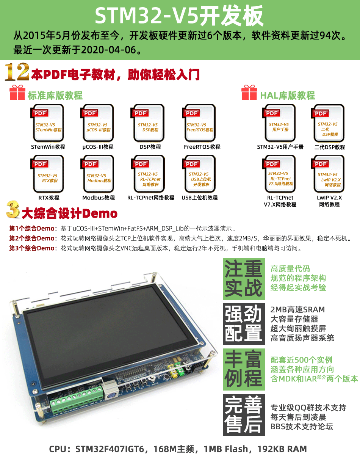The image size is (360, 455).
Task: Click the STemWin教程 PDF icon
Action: coord(47,123)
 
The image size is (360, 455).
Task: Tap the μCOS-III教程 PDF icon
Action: coord(97,123)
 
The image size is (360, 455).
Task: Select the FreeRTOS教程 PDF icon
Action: coord(199,123)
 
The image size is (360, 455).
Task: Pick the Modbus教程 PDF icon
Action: coord(97,174)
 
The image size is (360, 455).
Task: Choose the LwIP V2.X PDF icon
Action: coord(328,174)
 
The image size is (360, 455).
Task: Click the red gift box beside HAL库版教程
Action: coord(249,93)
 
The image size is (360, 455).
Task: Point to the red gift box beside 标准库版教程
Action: coord(17,93)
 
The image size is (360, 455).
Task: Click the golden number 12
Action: coord(17,72)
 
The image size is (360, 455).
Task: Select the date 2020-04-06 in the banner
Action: coord(108,50)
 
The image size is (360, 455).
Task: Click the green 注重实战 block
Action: coord(244,279)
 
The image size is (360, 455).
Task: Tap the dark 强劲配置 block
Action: coord(244,324)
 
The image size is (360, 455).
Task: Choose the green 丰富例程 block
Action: coord(244,369)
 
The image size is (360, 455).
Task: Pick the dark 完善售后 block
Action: coord(244,415)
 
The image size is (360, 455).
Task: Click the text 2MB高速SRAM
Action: coord(297,309)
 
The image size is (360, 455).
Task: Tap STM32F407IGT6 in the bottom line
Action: coord(110,449)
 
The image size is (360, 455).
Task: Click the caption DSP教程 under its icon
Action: coord(150,147)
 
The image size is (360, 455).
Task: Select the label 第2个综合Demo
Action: coord(32,238)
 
